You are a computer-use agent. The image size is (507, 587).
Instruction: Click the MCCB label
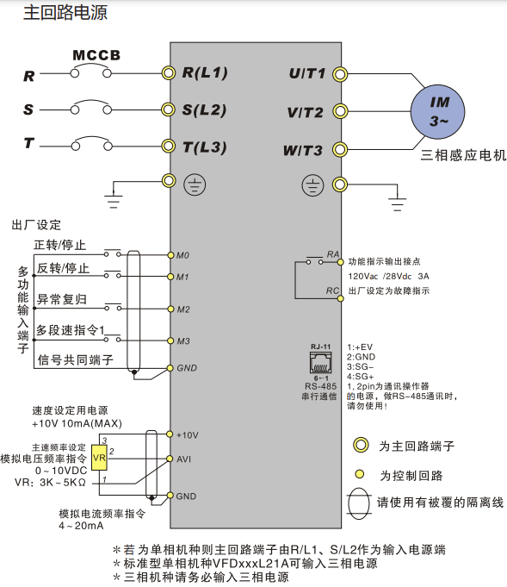coord(96,56)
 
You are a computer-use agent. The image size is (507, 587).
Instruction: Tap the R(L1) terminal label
coord(205,73)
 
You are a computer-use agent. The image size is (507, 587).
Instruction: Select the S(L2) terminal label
coord(205,110)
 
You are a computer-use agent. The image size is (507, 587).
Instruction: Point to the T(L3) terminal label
coord(205,147)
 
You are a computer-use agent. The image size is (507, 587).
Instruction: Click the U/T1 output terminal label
coord(307,74)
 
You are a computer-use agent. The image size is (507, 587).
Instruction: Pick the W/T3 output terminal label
coord(303,151)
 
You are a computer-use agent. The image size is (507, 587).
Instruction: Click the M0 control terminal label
coord(182,256)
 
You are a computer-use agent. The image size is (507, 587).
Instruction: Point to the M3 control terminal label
coord(182,341)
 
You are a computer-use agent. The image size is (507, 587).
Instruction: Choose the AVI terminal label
coord(183,459)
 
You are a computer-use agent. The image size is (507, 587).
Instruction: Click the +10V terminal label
coord(187,435)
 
